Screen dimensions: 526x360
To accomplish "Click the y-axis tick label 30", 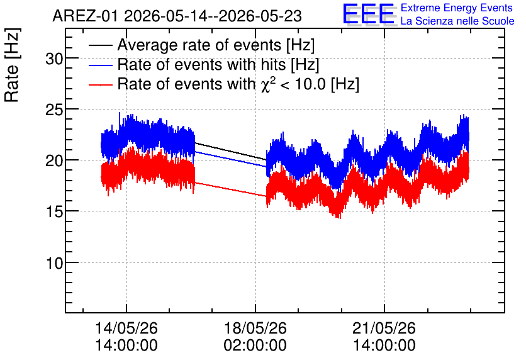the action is [54, 59].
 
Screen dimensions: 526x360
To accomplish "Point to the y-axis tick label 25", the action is [54, 110].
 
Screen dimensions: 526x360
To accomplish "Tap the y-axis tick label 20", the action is [54, 161].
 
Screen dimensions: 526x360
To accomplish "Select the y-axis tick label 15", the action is [54, 212].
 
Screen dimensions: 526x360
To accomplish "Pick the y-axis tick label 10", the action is [54, 263].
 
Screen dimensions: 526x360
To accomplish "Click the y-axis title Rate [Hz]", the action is [12, 65].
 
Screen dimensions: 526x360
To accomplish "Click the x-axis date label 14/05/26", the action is [126, 328].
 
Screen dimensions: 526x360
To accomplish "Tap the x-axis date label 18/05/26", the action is [255, 328].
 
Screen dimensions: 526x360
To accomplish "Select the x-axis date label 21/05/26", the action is [384, 328].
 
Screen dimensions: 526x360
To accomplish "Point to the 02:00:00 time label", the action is [255, 346].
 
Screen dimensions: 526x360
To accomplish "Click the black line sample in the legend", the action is [101, 45].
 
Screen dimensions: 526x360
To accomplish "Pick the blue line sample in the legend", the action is [101, 65].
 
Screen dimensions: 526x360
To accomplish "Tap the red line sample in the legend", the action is [101, 84].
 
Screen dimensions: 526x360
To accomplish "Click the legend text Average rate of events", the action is [199, 45].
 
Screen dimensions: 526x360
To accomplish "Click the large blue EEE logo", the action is [368, 14].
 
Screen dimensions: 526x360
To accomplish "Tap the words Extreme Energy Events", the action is [457, 8].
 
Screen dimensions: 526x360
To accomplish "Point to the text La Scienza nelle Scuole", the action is [457, 21].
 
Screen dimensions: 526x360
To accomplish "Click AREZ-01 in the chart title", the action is [86, 16].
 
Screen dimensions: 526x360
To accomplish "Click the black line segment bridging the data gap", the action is [230, 151].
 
